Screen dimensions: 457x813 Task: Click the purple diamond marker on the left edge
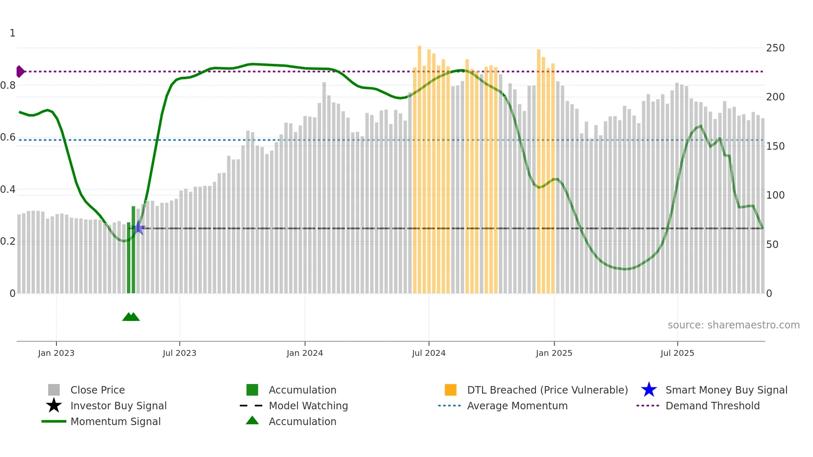20,71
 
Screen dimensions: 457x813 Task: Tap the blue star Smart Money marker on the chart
139,228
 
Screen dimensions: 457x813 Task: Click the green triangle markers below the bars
131,317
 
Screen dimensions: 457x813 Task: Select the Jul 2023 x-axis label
179,353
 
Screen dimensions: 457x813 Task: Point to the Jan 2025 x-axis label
554,353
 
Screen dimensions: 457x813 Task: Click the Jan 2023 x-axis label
56,353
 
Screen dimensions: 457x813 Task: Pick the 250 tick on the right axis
775,48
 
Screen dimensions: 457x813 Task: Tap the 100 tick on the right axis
775,195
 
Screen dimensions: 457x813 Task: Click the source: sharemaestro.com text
733,325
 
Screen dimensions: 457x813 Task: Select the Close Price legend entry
97,390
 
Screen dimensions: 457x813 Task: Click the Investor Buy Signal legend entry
118,406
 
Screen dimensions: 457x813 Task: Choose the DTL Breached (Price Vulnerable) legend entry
547,390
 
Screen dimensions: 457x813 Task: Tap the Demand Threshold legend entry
712,406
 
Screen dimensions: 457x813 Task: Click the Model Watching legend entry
308,406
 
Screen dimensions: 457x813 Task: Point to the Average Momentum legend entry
517,406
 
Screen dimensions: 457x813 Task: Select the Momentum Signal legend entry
115,421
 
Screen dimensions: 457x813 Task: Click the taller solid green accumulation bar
134,249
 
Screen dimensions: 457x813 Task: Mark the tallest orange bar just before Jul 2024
419,166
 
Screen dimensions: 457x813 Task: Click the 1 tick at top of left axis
12,33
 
